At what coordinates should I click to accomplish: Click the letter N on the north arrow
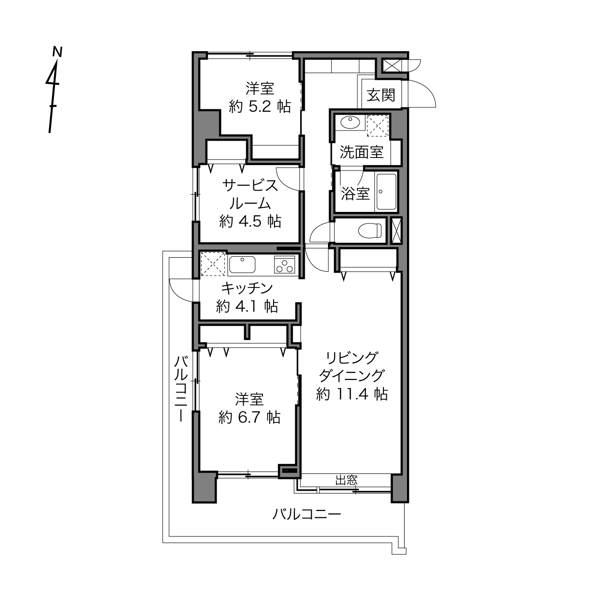(x=57, y=52)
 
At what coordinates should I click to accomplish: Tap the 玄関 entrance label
(x=381, y=95)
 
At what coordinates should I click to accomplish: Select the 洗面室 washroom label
(x=362, y=152)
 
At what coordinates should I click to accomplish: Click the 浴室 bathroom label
(x=355, y=194)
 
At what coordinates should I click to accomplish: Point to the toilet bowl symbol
(x=370, y=231)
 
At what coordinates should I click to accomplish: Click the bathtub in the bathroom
(x=386, y=192)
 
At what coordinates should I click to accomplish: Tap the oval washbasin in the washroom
(x=350, y=122)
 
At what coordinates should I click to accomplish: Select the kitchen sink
(x=242, y=264)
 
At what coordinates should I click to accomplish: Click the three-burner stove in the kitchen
(x=285, y=265)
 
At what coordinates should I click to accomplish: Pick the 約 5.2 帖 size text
(x=260, y=107)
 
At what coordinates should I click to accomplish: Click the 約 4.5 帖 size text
(x=250, y=222)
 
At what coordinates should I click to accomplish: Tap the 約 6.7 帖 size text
(x=249, y=417)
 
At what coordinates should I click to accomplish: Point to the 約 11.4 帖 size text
(x=352, y=394)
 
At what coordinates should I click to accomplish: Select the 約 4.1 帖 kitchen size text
(x=247, y=306)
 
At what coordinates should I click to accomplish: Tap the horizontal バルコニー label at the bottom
(x=306, y=514)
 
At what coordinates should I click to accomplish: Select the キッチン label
(x=247, y=288)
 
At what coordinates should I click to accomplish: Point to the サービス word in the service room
(x=250, y=185)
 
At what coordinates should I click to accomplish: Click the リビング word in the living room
(x=352, y=358)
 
